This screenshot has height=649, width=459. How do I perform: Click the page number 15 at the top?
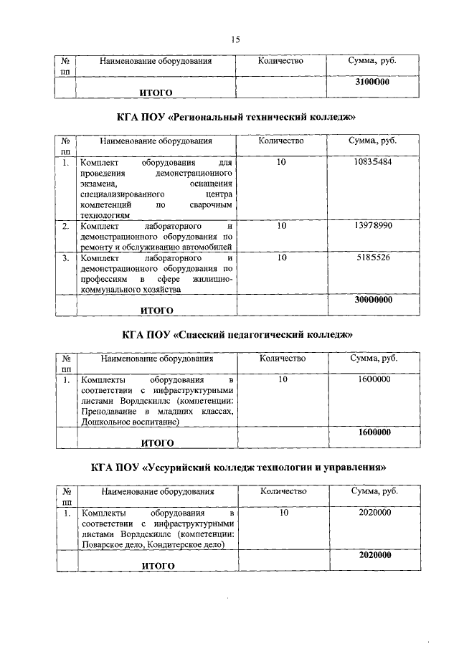(x=235, y=39)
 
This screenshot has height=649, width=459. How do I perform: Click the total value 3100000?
(x=372, y=83)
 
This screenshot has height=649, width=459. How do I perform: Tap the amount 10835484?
(x=372, y=163)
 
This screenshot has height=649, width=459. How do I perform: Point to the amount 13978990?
(x=372, y=226)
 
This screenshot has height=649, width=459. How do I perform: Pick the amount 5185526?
(x=372, y=257)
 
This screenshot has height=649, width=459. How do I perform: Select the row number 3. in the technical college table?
(x=65, y=257)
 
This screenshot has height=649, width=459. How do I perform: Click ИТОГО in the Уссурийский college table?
(x=158, y=566)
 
